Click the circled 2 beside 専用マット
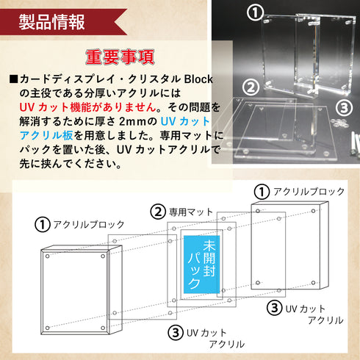point(157,213)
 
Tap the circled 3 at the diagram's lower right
point(273,306)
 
